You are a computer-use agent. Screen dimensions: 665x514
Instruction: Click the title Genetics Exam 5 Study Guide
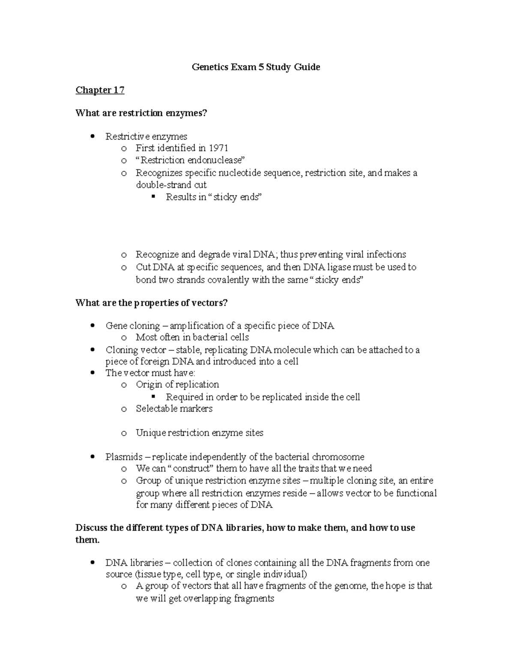point(256,67)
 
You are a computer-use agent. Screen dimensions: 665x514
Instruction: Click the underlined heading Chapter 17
point(100,90)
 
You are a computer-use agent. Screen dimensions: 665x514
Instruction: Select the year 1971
point(218,148)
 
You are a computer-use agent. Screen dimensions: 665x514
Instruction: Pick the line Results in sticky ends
point(213,197)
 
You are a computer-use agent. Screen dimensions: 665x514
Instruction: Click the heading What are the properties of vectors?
point(152,303)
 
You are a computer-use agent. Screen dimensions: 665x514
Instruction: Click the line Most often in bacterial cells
point(192,337)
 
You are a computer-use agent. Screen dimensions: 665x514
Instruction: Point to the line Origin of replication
point(177,385)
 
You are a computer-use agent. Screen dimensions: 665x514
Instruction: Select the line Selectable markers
point(174,409)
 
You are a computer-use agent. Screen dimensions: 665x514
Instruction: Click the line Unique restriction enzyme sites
point(200,433)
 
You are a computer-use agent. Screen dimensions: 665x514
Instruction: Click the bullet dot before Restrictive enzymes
point(93,137)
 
